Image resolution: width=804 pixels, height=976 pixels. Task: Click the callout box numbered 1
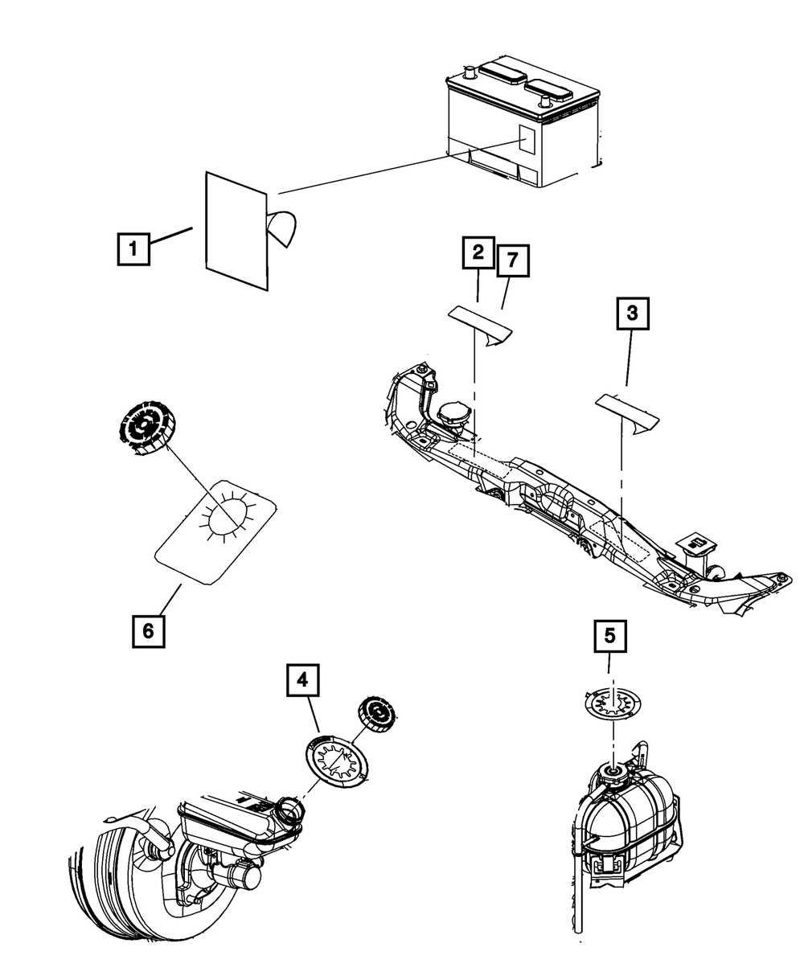tap(133, 249)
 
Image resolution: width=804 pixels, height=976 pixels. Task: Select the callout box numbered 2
tap(478, 252)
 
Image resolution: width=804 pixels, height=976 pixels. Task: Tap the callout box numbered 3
tap(632, 314)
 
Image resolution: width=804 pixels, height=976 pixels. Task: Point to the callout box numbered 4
tap(303, 680)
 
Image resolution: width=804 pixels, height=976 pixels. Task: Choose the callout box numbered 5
tap(610, 636)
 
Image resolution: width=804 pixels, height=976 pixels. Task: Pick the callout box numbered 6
tap(149, 631)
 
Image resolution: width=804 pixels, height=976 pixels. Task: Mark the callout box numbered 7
tap(513, 260)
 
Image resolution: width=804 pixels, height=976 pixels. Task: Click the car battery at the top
tap(523, 122)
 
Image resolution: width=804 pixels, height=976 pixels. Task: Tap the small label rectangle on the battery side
tap(527, 138)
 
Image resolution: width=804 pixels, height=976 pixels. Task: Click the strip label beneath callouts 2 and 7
tap(481, 326)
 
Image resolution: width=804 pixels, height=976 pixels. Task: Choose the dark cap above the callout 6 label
tap(145, 427)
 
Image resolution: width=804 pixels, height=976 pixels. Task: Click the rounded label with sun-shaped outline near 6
tap(215, 531)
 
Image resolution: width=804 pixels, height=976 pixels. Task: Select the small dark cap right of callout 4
tap(376, 716)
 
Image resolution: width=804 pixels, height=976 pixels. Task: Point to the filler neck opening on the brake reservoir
tap(289, 811)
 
